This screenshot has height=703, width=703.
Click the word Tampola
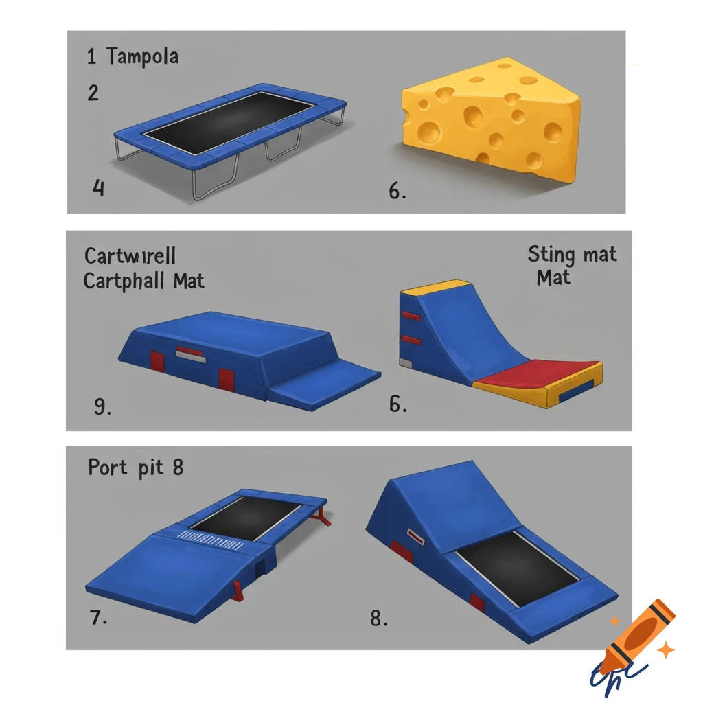[142, 56]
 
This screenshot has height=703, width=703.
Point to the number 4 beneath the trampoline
[98, 187]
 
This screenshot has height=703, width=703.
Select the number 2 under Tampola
[93, 93]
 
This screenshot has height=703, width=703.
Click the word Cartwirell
[130, 256]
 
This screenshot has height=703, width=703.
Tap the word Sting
[551, 255]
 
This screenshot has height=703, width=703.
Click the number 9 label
[102, 407]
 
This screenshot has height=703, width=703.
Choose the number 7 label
[98, 617]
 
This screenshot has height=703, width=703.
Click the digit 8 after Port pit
[178, 468]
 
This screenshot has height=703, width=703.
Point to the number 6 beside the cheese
[396, 192]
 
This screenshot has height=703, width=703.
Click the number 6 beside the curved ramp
[397, 404]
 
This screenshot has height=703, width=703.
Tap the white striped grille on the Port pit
[212, 538]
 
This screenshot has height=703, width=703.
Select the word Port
[108, 468]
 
